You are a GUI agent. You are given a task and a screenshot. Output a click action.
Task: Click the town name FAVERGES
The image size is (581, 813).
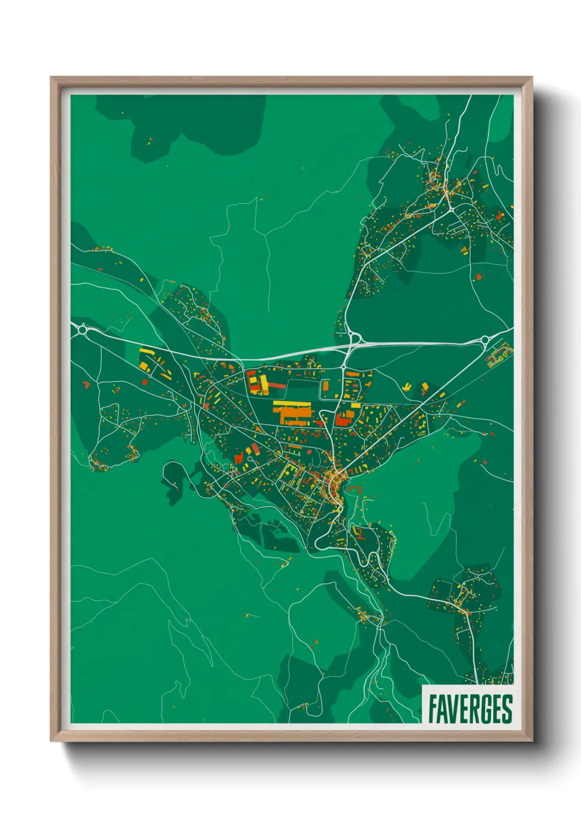pos(470,709)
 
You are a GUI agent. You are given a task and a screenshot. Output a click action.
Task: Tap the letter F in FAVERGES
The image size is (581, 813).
pos(433,709)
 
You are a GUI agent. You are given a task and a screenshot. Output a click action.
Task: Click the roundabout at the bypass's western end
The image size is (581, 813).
pos(83,330)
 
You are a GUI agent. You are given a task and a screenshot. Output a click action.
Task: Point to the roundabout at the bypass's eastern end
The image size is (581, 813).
pos(485,341)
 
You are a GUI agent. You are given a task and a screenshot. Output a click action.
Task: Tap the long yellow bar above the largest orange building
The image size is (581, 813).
pos(292,404)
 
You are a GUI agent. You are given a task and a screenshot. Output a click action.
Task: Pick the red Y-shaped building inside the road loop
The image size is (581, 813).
pos(359,533)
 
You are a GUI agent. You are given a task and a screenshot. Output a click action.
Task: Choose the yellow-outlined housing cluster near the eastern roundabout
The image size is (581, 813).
pos(499,357)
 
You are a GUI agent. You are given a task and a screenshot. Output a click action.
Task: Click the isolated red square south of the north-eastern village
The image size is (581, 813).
pos(478,276)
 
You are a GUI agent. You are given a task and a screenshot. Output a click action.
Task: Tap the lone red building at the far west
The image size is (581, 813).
pos(85,384)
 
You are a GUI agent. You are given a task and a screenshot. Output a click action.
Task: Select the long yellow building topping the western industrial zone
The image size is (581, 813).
pos(147,351)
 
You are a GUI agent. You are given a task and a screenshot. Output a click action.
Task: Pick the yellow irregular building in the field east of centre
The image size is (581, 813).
pos(407,388)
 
